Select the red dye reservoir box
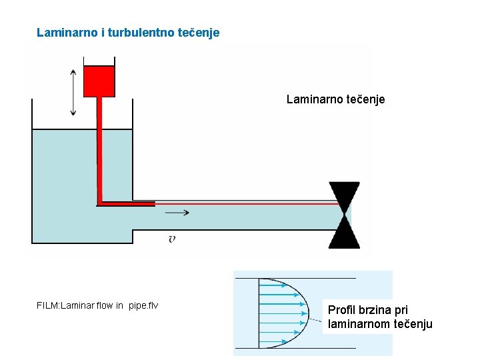pyautogui.click(x=99, y=81)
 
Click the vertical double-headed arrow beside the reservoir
pyautogui.click(x=73, y=91)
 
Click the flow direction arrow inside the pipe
pyautogui.click(x=177, y=213)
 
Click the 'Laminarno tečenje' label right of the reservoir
pyautogui.click(x=335, y=99)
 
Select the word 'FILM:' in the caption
pyautogui.click(x=48, y=306)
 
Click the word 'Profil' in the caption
pyautogui.click(x=341, y=310)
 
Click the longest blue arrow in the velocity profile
pyautogui.click(x=283, y=312)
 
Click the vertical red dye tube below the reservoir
pyautogui.click(x=98, y=147)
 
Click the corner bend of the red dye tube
pyautogui.click(x=99, y=201)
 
